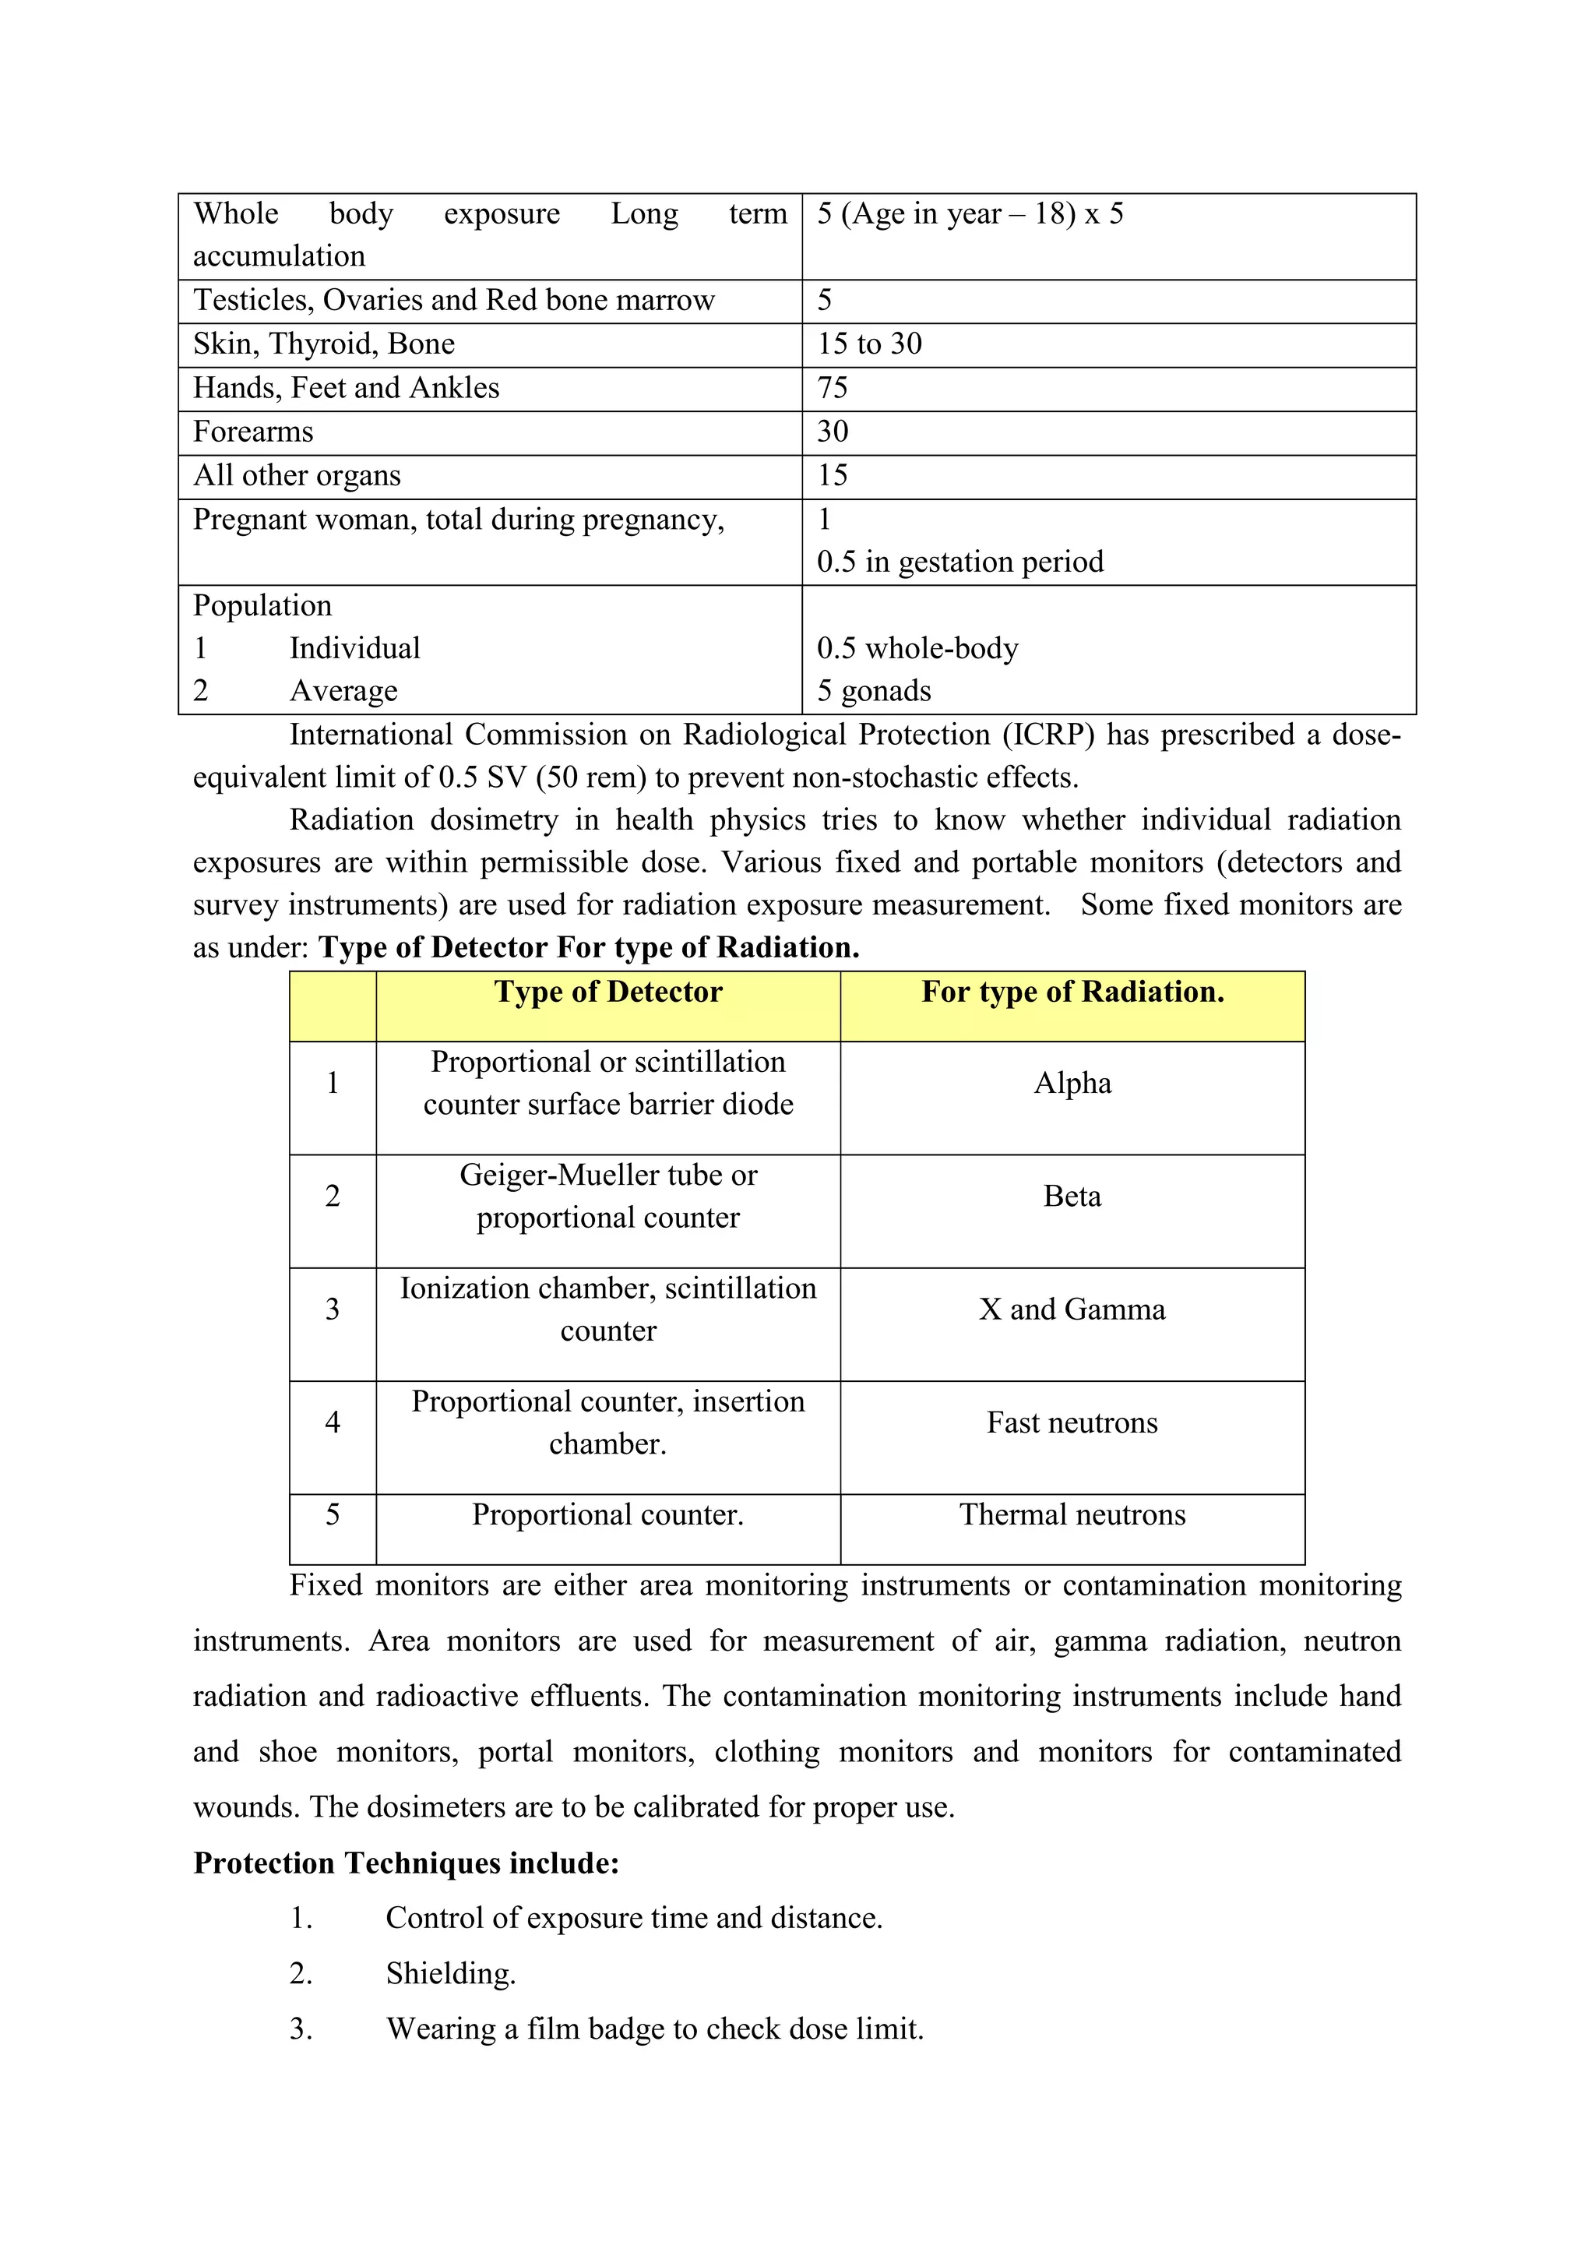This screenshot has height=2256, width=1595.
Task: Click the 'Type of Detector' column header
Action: point(608,992)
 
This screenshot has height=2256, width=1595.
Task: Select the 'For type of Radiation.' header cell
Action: point(1072,992)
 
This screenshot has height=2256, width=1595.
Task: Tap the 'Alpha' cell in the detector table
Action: point(1072,1083)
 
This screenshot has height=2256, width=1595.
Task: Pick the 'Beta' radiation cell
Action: point(1072,1196)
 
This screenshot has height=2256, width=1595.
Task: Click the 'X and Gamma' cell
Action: point(1072,1309)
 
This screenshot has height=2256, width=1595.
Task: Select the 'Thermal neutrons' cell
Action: point(1072,1514)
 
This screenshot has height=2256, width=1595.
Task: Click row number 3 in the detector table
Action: point(333,1309)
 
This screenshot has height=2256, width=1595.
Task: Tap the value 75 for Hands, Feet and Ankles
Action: point(833,388)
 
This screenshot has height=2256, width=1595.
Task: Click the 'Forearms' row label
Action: point(253,432)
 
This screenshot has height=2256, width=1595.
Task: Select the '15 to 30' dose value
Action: point(869,344)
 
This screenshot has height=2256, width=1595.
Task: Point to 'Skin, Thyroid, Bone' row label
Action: point(324,344)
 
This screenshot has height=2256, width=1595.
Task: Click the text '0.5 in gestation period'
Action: point(959,562)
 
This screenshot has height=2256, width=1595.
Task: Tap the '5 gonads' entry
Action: point(873,691)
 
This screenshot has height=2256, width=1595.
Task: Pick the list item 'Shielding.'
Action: point(451,1973)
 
